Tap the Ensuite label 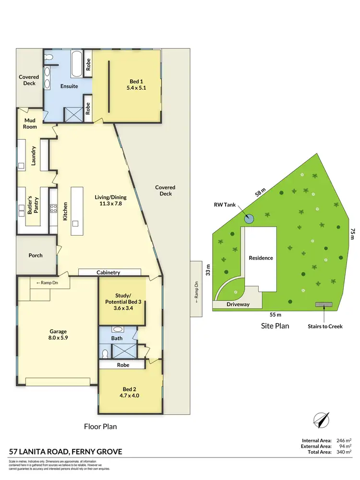(x=69, y=86)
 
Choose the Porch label (x=36, y=255)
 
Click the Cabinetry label (x=108, y=273)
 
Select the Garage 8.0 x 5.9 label (x=58, y=335)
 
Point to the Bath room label (x=117, y=338)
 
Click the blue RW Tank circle (x=249, y=219)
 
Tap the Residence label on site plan (x=261, y=258)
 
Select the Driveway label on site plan (x=238, y=304)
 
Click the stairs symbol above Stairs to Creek (x=324, y=304)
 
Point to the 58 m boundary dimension (x=260, y=193)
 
